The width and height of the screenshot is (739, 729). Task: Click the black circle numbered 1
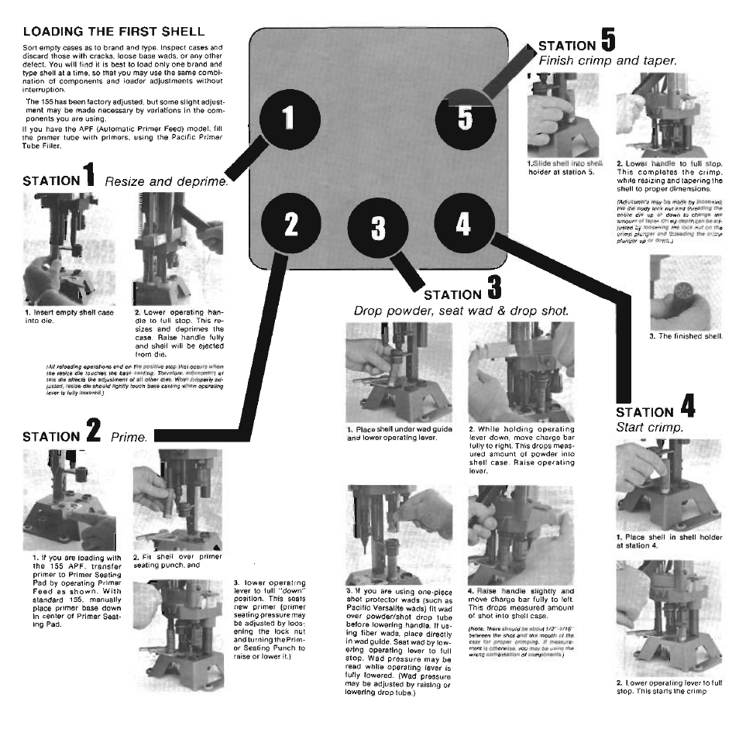(x=287, y=119)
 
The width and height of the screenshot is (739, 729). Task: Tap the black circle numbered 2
(x=290, y=223)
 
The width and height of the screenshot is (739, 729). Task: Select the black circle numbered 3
(x=377, y=229)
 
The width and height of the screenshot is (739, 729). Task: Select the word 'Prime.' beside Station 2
(x=129, y=438)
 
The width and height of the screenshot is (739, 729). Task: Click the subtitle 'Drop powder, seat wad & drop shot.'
(x=461, y=311)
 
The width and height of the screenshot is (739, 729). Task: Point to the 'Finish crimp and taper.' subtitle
(x=607, y=60)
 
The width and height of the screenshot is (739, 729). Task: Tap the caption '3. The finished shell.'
(x=686, y=336)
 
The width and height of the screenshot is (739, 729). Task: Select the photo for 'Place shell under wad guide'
(x=397, y=373)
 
